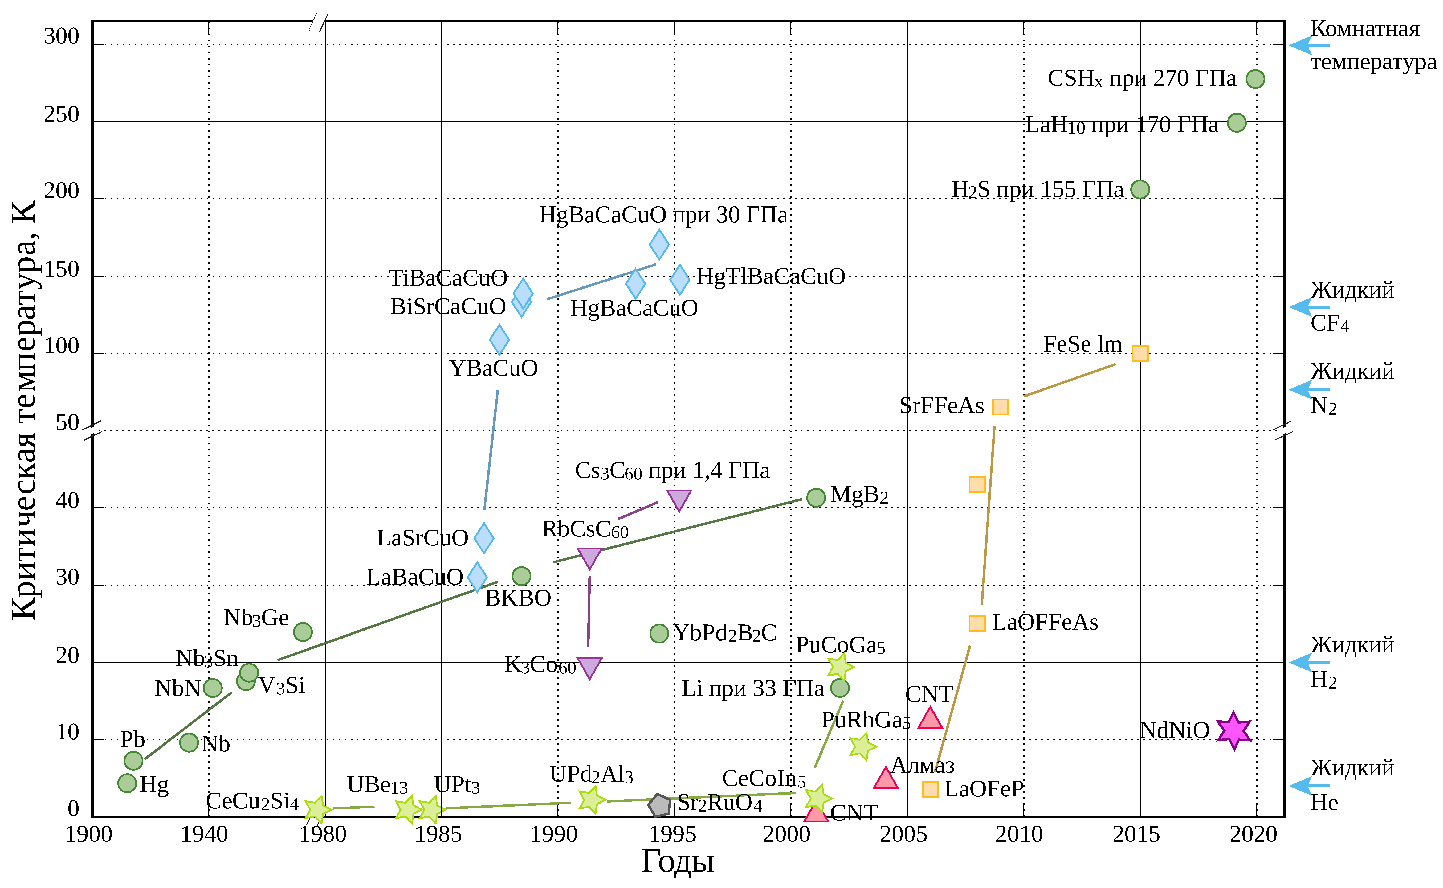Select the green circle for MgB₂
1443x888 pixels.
[816, 497]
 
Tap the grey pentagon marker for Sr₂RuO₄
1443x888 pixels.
[659, 805]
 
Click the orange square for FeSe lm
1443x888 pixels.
[1139, 353]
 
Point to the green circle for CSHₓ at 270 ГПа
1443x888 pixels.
[1255, 79]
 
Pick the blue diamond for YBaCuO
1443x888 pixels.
[499, 339]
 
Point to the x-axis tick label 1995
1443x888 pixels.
[673, 835]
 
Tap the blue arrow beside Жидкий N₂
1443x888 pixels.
[1309, 389]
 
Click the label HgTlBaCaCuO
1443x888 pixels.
[771, 277]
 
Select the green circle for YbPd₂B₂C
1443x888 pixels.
[659, 633]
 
